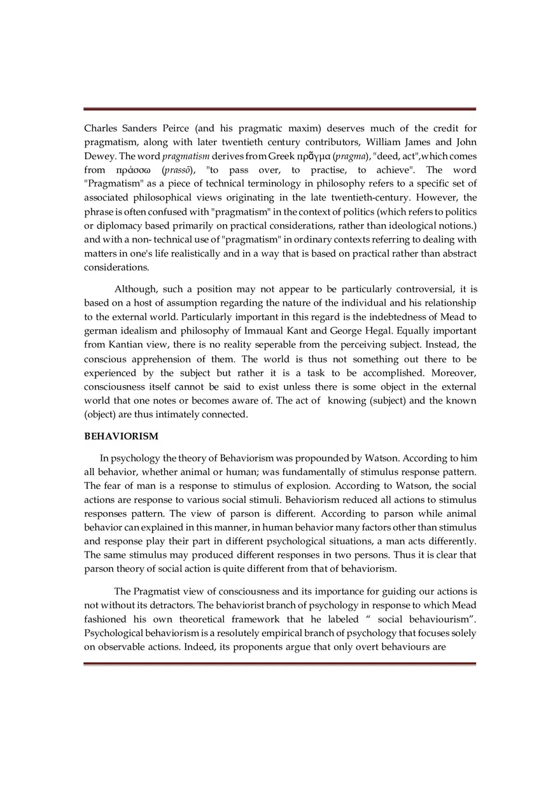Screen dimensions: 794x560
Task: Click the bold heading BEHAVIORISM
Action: tap(121, 436)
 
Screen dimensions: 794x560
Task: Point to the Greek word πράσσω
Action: tap(136, 170)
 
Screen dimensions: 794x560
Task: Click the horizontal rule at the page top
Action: tap(279, 109)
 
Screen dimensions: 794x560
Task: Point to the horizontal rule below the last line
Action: tap(279, 663)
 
